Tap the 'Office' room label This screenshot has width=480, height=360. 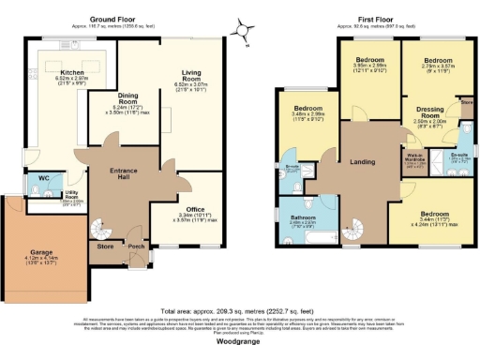(x=195, y=209)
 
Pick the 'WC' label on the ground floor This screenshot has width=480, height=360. (x=44, y=178)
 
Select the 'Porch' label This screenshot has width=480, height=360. (x=136, y=247)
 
